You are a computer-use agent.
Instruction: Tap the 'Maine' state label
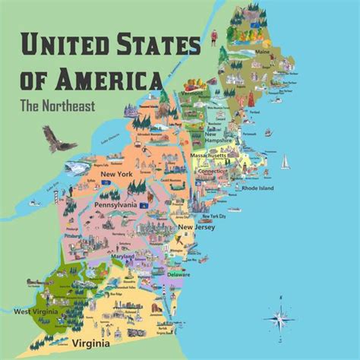pyautogui.click(x=262, y=52)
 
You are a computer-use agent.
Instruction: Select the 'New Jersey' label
pyautogui.click(x=197, y=226)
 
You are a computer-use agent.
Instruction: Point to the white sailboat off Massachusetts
pyautogui.click(x=286, y=162)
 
